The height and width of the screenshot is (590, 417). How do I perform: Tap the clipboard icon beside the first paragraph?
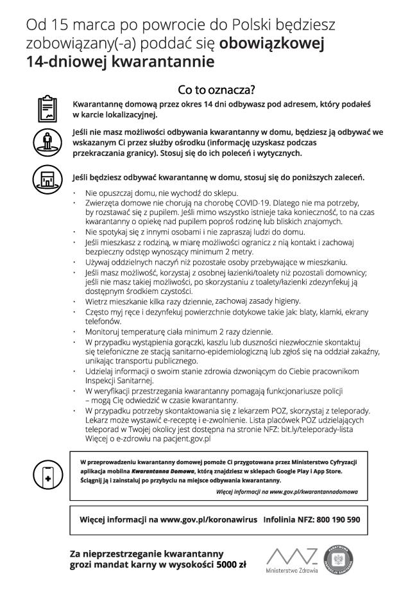coord(47,108)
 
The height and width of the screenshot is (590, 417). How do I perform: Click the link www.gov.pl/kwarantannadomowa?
coord(313,491)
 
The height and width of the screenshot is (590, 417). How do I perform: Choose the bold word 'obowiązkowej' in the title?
coord(273,44)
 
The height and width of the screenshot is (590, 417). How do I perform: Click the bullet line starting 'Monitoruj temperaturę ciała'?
coord(179,331)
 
